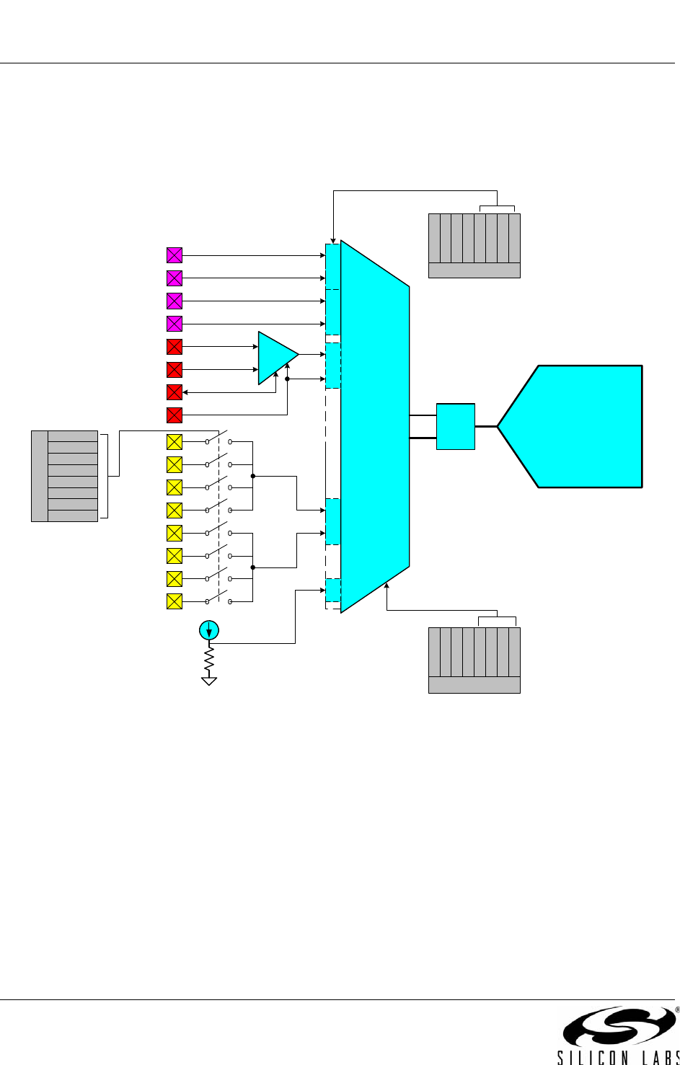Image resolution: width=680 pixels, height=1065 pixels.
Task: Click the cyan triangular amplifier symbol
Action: pos(275,358)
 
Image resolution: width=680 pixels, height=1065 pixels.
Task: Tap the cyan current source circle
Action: pos(208,630)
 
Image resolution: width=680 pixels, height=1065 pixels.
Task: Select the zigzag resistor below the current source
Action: pos(208,660)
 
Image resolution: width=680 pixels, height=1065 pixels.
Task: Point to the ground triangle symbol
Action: pos(208,681)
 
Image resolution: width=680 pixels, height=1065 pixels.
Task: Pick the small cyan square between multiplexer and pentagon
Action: pos(456,426)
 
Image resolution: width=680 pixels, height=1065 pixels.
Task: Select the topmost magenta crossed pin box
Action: pos(174,255)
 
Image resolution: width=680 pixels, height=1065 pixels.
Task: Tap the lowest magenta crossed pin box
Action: pos(174,324)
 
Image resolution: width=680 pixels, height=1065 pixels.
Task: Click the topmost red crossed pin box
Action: pos(174,347)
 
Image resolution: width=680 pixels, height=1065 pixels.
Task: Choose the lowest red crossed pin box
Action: pos(174,415)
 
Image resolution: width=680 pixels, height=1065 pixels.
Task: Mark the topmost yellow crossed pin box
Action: pos(174,442)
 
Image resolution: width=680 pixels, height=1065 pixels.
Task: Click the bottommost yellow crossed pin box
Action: pos(174,601)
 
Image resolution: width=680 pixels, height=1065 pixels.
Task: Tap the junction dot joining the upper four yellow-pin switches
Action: pos(252,476)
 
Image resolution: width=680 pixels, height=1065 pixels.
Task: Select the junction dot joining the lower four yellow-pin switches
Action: pos(252,567)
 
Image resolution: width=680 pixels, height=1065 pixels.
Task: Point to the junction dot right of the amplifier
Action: pos(287,379)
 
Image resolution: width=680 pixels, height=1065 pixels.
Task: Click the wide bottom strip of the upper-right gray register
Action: pos(474,270)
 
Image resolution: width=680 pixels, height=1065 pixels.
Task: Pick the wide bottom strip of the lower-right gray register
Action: pos(474,685)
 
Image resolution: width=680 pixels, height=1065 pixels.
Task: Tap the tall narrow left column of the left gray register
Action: pos(40,476)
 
